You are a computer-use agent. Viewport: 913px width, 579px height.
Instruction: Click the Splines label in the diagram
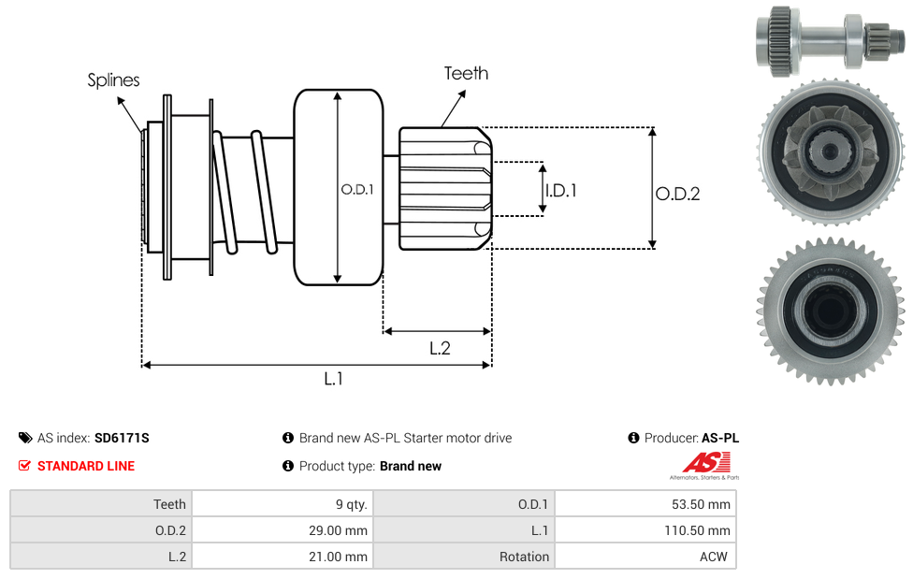click(113, 80)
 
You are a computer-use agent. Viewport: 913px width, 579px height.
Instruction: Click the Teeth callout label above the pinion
click(466, 73)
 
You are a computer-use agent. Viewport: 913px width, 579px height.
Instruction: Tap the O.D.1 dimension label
click(356, 189)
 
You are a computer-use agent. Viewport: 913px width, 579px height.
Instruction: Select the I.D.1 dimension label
click(560, 190)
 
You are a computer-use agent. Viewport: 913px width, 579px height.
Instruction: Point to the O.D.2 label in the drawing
click(677, 194)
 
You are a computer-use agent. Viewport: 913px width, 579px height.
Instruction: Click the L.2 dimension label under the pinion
click(440, 348)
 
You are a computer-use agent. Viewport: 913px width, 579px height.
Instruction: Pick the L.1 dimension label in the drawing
click(334, 379)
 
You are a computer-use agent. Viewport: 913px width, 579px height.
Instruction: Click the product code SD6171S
click(122, 438)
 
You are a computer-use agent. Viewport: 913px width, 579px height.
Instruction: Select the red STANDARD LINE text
click(86, 466)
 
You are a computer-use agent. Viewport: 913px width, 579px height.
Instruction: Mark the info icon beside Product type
click(288, 466)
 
